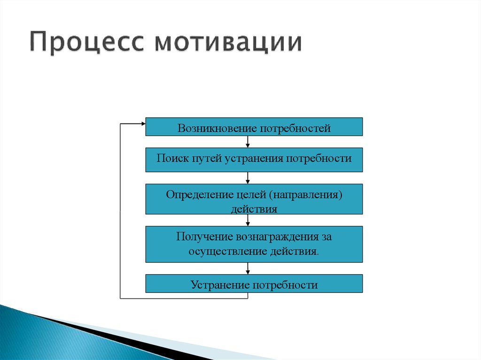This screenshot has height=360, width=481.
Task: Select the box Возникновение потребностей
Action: click(254, 127)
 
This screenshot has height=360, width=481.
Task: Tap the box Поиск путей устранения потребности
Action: click(254, 160)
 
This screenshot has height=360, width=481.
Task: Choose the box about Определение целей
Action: click(254, 199)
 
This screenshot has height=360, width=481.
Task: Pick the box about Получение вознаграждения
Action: click(254, 245)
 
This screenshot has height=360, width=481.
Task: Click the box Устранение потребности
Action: click(254, 283)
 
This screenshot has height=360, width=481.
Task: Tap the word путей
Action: click(207, 159)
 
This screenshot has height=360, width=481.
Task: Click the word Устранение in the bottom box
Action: click(221, 285)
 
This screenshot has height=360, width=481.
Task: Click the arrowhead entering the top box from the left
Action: click(143, 123)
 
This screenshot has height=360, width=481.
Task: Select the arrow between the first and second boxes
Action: click(248, 142)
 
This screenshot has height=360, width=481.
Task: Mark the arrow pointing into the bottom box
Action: click(248, 268)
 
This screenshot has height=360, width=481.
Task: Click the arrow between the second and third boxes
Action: click(248, 178)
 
